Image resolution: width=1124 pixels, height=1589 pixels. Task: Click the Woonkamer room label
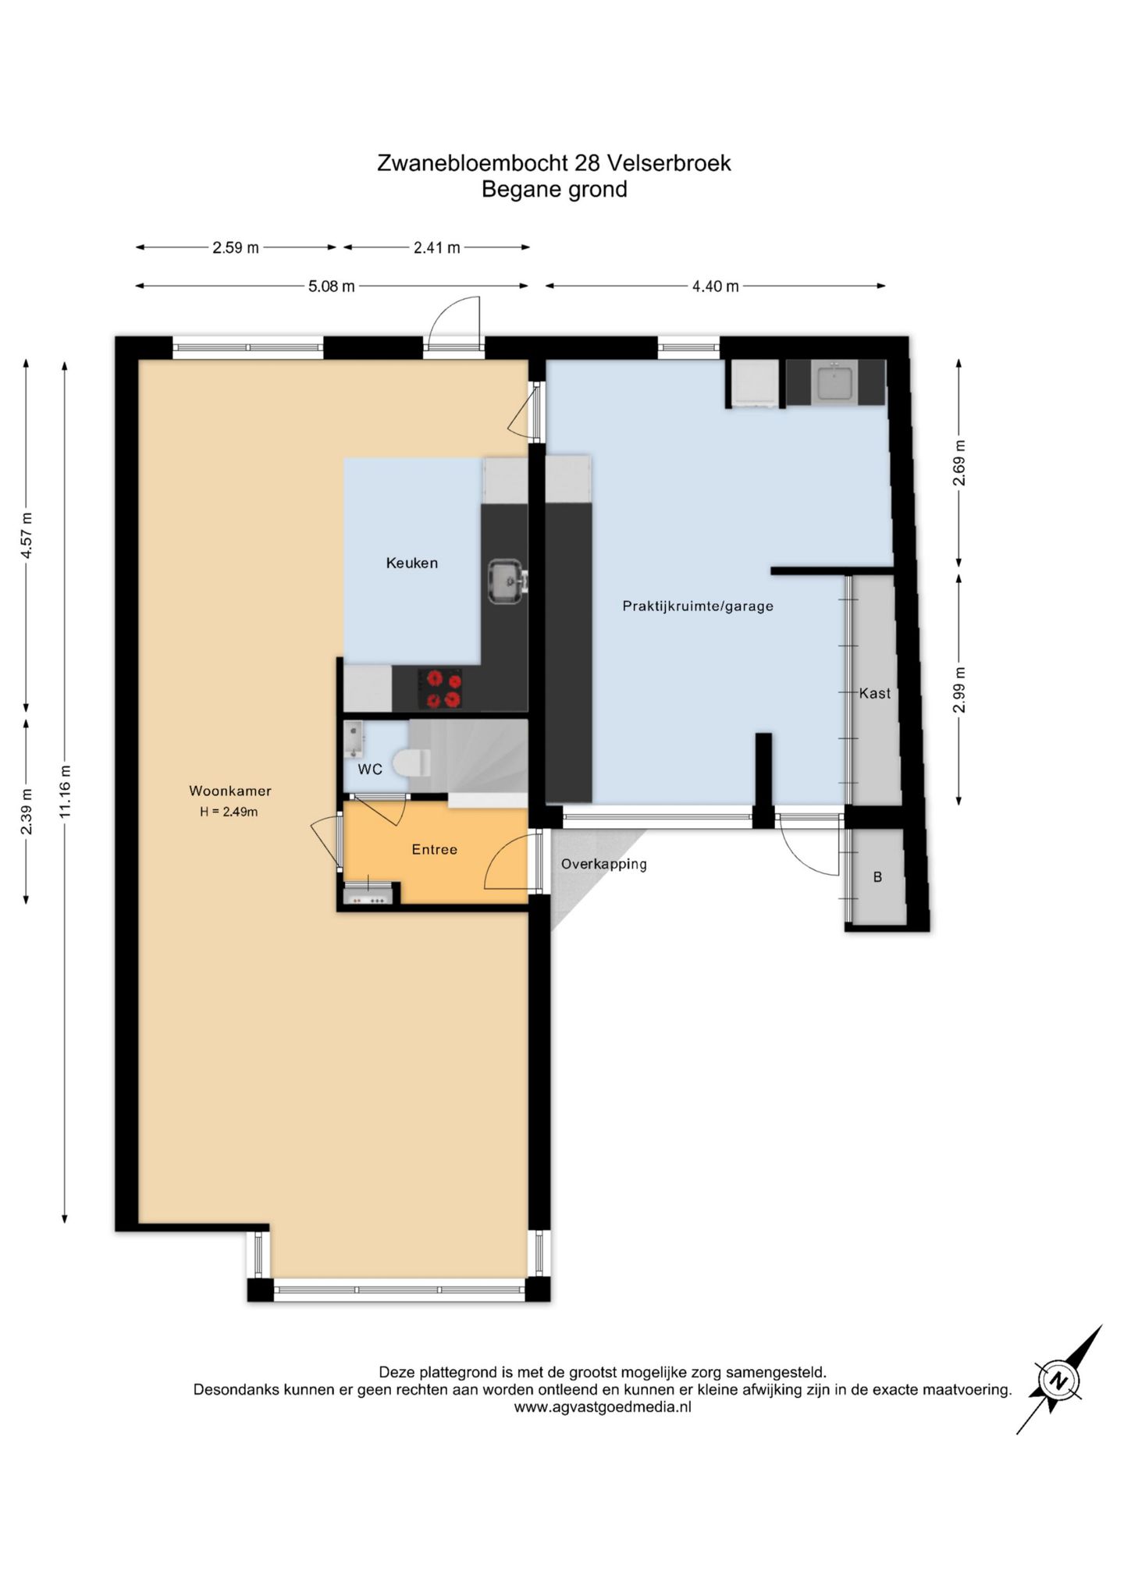pos(230,791)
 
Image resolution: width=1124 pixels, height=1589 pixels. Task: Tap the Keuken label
pos(412,563)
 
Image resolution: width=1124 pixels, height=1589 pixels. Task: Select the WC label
pos(370,770)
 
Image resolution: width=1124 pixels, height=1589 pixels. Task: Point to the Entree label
pos(435,849)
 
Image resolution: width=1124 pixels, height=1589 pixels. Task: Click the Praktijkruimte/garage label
pos(698,606)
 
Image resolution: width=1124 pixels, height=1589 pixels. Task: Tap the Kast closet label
pos(875,693)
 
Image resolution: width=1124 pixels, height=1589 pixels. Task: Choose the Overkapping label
pos(604,864)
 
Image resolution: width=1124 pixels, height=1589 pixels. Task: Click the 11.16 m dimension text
pos(65,791)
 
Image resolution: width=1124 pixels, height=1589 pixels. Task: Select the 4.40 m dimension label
pos(715,286)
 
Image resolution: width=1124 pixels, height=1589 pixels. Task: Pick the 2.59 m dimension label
pos(236,248)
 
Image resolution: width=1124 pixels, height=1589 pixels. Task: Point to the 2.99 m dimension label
pos(959,690)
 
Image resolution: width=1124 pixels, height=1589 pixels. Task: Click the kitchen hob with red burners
pos(440,689)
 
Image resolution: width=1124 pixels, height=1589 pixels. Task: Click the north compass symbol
pos(1059,1381)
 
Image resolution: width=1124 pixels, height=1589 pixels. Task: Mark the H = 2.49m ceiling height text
pos(229,812)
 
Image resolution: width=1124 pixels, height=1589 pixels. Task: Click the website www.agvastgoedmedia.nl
pos(603,1407)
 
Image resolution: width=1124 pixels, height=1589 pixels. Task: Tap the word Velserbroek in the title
pos(669,163)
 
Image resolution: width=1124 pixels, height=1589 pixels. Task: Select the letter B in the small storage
pos(877,877)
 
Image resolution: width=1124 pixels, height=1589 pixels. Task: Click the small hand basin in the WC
pos(354,739)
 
